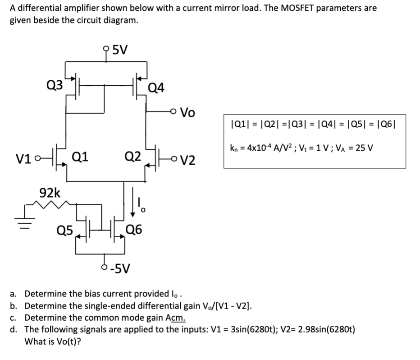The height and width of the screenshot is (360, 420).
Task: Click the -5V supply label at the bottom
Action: [x=120, y=269]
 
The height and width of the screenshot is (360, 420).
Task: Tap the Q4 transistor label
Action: [x=156, y=88]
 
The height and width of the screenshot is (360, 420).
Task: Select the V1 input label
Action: [x=24, y=159]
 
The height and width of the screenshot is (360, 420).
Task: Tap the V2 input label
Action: [x=188, y=160]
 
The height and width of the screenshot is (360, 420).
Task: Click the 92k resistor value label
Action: [x=50, y=193]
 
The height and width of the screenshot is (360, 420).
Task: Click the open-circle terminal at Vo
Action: [x=174, y=111]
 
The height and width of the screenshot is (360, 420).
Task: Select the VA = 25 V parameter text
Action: [x=355, y=148]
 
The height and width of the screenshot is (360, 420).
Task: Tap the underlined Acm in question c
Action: [x=175, y=317]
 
